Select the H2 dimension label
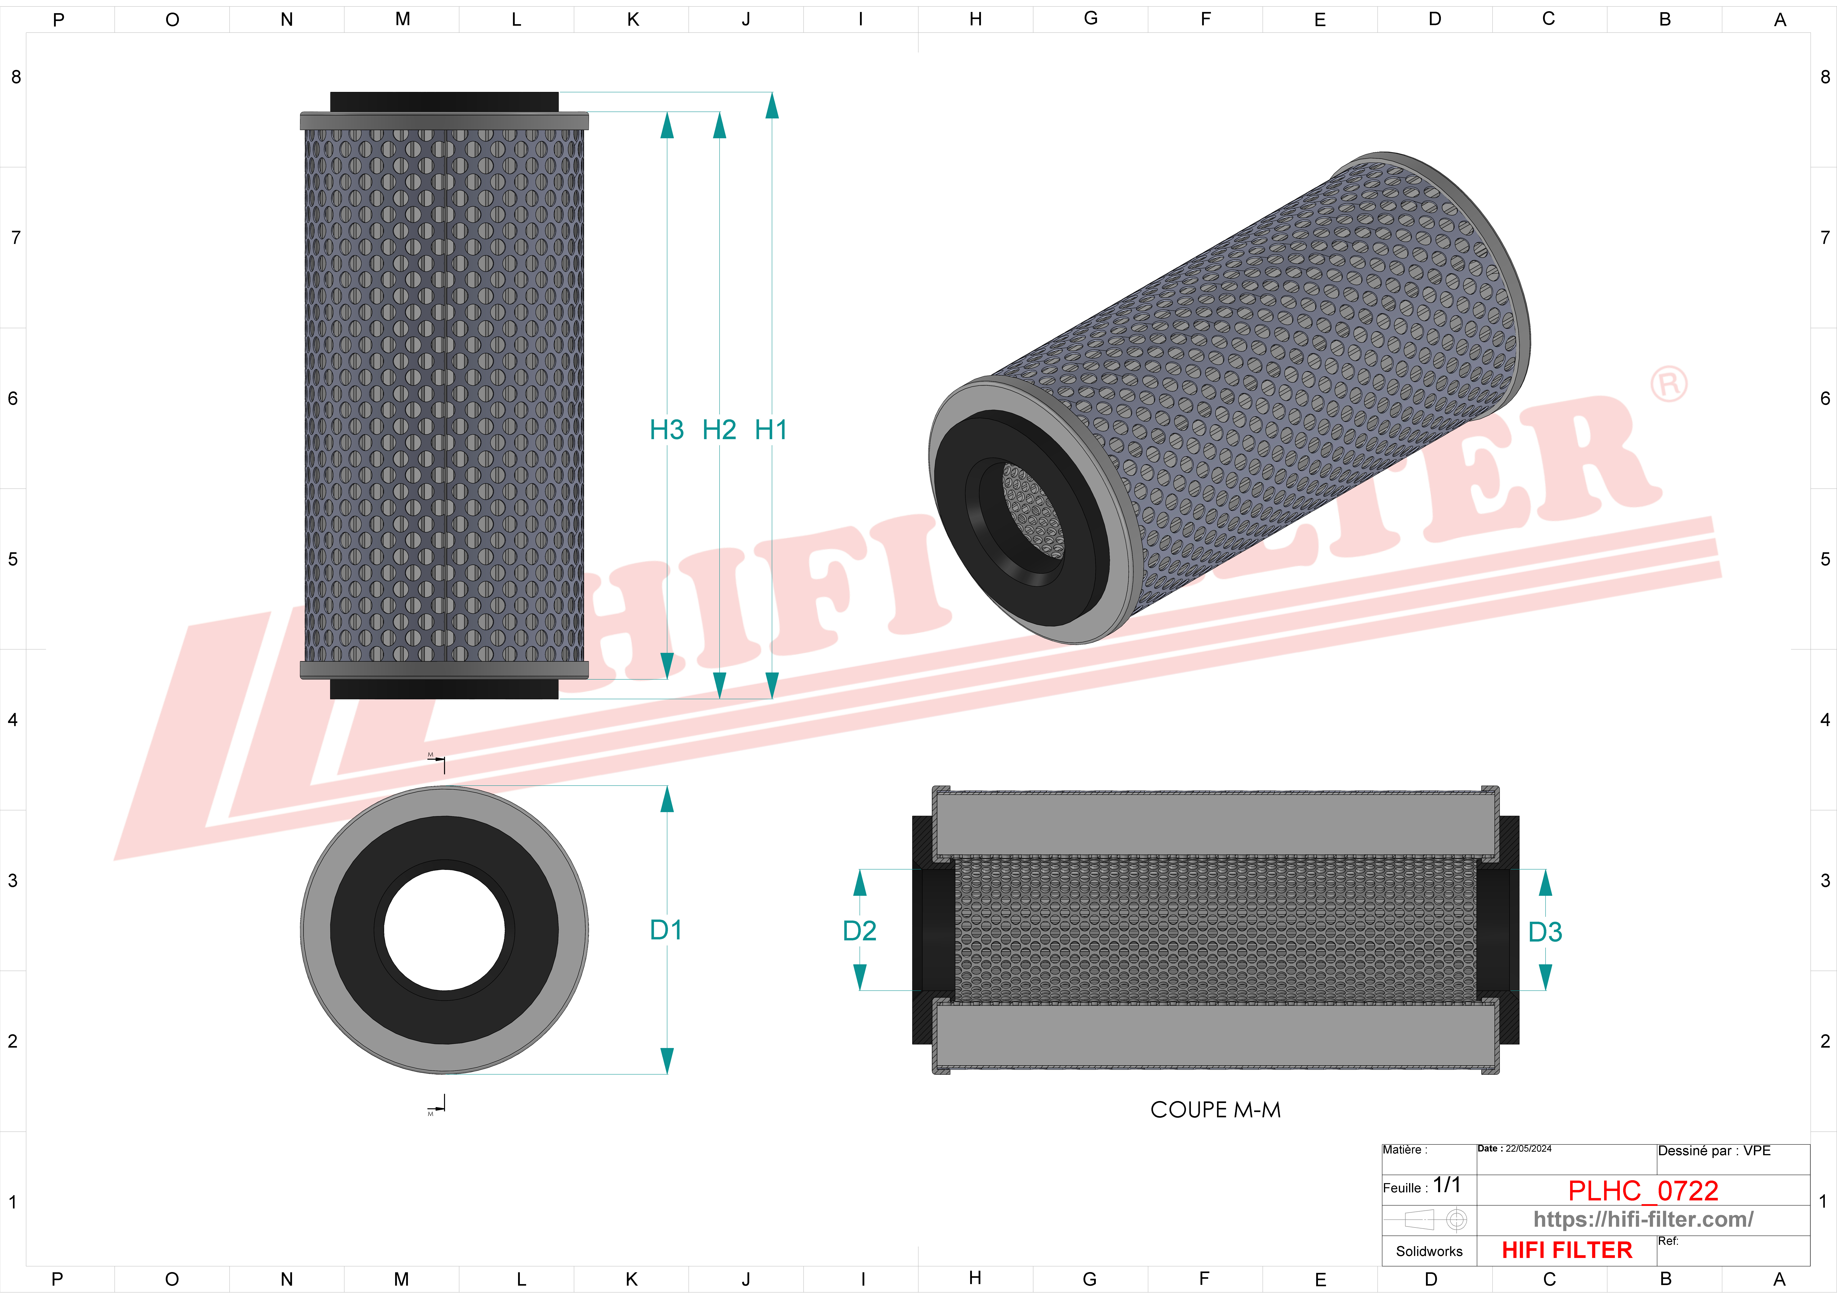718,430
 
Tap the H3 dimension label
667,430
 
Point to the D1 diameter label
666,930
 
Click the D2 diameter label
859,931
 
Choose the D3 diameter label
1545,932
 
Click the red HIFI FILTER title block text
1567,1250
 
